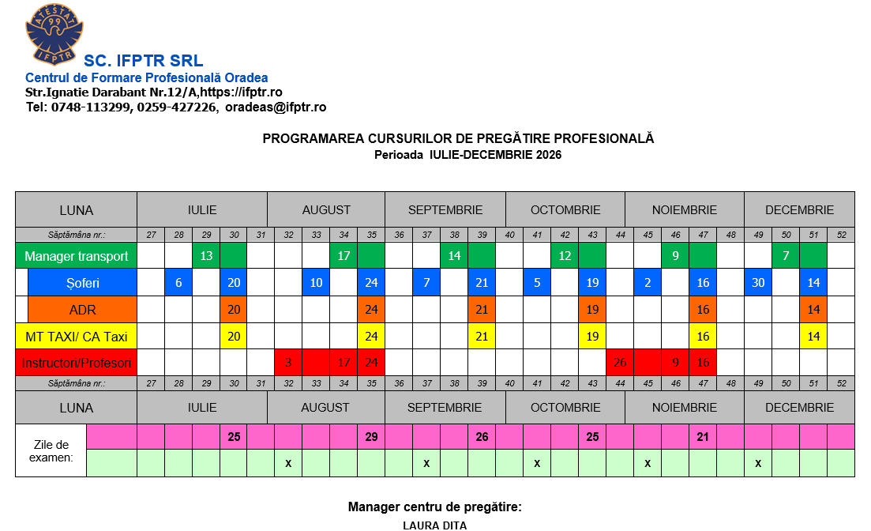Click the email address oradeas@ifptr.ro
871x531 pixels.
pos(276,107)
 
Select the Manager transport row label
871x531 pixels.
pos(76,256)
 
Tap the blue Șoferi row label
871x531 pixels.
pos(82,283)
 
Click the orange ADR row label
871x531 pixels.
pos(82,309)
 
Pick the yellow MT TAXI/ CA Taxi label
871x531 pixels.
pos(76,337)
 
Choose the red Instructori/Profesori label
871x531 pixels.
pos(76,363)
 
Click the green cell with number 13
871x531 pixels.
pos(206,256)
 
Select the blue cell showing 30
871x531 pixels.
pos(758,283)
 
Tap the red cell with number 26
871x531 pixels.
pos(620,363)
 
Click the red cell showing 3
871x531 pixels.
pos(288,363)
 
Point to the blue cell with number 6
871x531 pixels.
pos(178,283)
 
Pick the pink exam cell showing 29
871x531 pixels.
pos(371,436)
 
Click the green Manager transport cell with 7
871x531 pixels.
pos(786,256)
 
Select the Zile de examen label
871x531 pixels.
pos(51,450)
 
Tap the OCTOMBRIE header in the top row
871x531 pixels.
pos(565,210)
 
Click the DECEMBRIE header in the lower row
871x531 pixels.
pos(799,408)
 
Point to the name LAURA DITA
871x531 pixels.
pos(435,525)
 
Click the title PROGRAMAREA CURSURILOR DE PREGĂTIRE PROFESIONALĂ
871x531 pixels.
pos(458,139)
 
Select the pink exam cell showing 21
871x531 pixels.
pos(703,436)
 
